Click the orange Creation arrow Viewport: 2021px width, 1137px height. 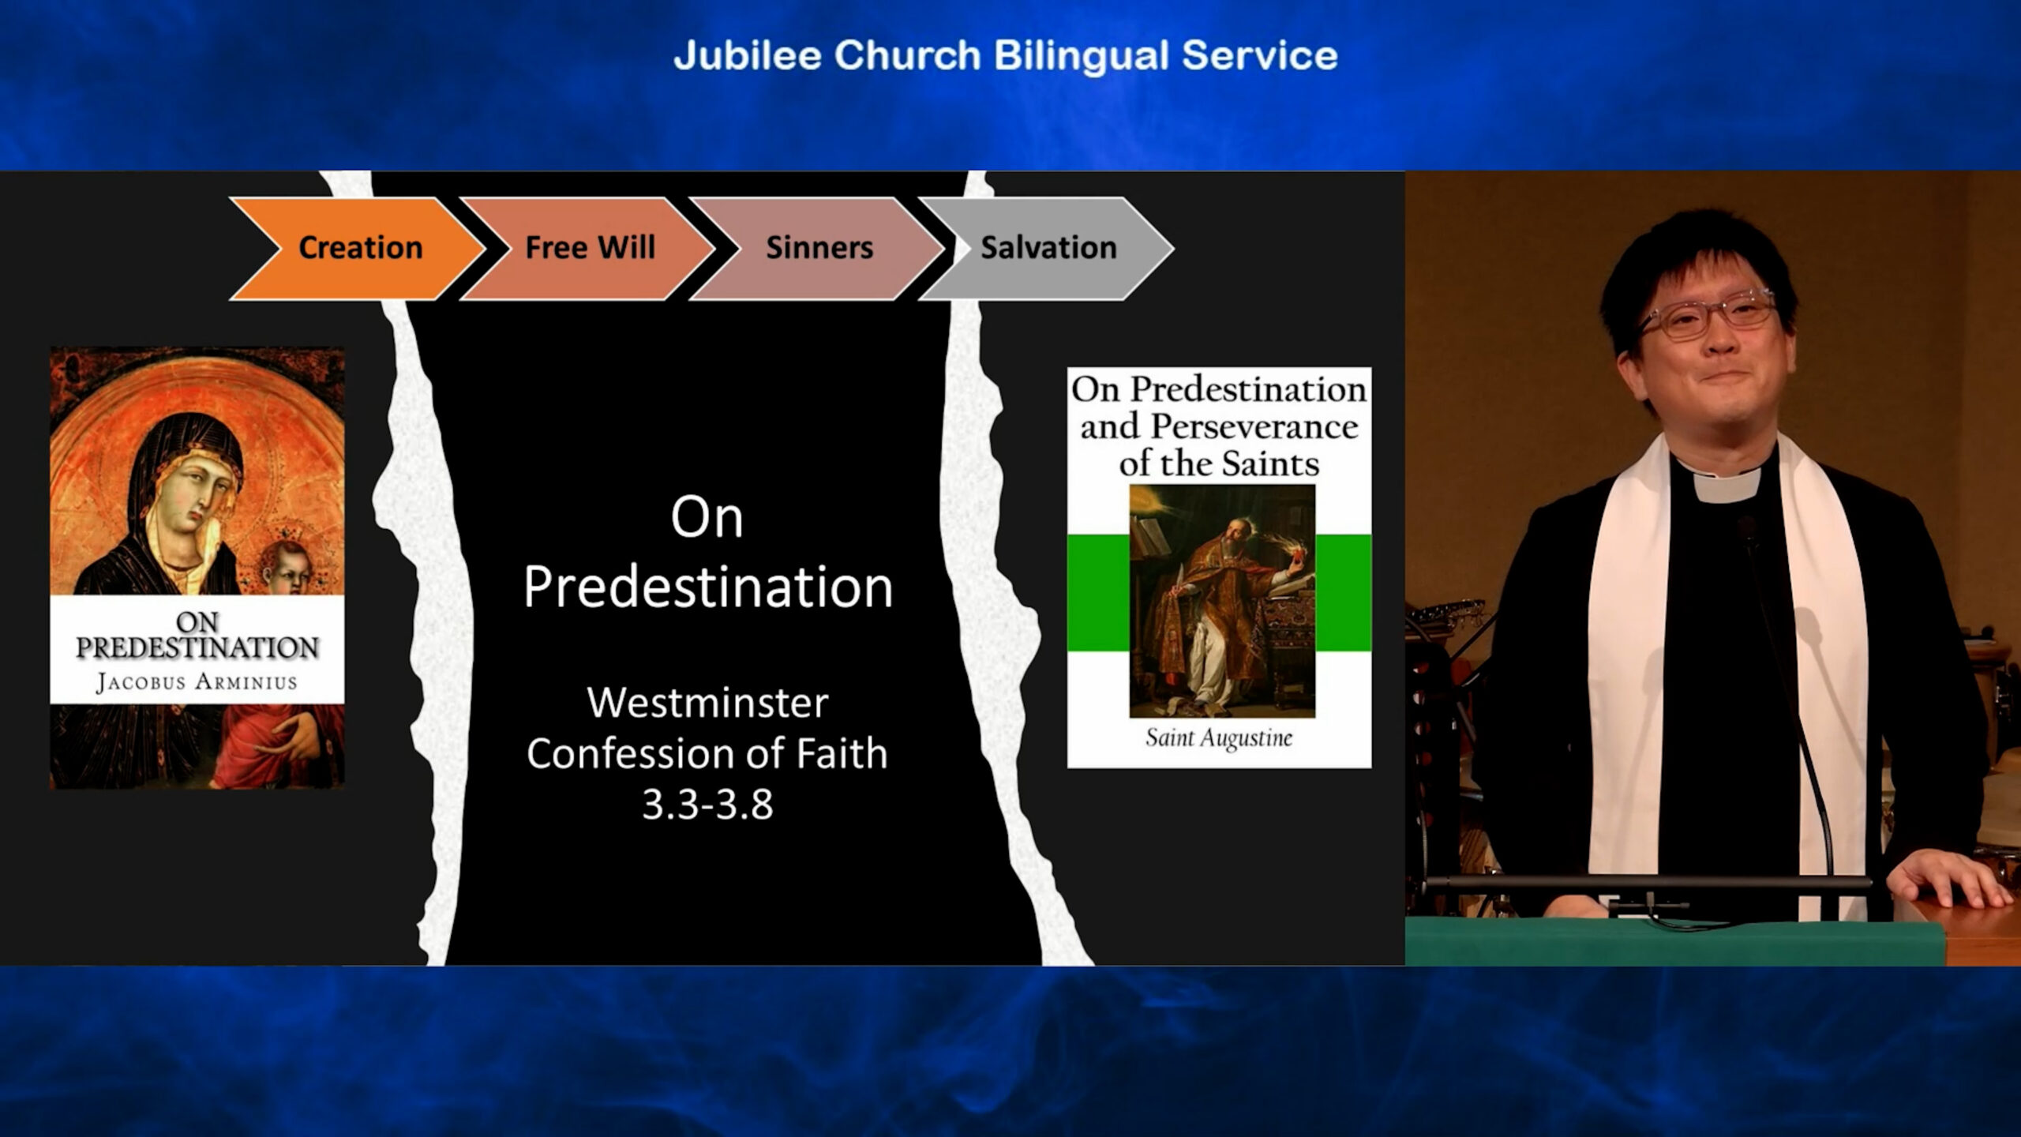[x=359, y=248]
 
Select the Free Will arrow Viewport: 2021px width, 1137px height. [x=588, y=248]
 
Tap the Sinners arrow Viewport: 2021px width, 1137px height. [x=818, y=248]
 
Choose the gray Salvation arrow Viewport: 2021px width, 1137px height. [x=1047, y=248]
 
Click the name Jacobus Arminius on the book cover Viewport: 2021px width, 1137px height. [x=197, y=682]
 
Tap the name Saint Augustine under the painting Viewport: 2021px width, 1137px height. [x=1219, y=738]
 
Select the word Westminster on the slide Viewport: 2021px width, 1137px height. [x=707, y=703]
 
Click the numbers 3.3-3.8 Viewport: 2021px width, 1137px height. [x=707, y=805]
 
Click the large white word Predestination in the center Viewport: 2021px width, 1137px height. [x=707, y=587]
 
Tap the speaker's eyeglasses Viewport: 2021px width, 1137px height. [x=1709, y=314]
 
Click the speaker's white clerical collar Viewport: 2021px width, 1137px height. [x=1726, y=483]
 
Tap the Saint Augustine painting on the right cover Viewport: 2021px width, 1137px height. [x=1222, y=601]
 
